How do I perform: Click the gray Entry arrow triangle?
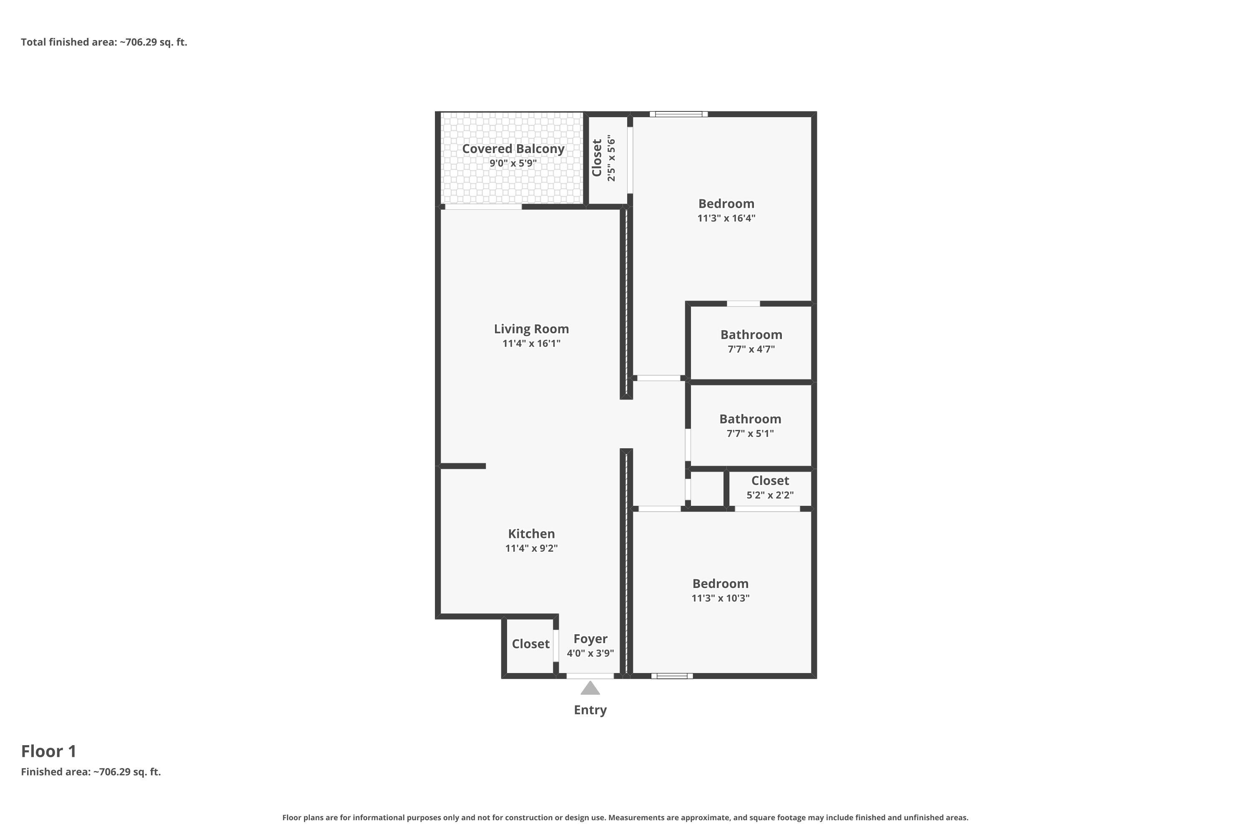pyautogui.click(x=590, y=688)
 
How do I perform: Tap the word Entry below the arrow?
pyautogui.click(x=590, y=710)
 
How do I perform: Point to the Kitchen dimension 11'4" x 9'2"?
pyautogui.click(x=531, y=548)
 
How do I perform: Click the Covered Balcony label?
pyautogui.click(x=513, y=149)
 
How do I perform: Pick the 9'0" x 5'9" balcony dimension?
pyautogui.click(x=513, y=163)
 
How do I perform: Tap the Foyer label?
pyautogui.click(x=590, y=639)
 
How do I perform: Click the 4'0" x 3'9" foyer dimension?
pyautogui.click(x=590, y=653)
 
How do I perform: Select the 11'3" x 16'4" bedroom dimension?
pyautogui.click(x=726, y=218)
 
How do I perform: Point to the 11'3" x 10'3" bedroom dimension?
pyautogui.click(x=721, y=598)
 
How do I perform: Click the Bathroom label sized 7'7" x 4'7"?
pyautogui.click(x=751, y=334)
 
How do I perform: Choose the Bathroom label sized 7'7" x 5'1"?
pyautogui.click(x=751, y=419)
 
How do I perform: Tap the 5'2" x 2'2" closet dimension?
pyautogui.click(x=770, y=495)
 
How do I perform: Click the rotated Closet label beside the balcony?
pyautogui.click(x=597, y=158)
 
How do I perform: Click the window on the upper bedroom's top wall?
pyautogui.click(x=679, y=114)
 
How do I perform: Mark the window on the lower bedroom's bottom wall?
pyautogui.click(x=672, y=676)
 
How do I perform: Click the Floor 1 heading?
pyautogui.click(x=49, y=751)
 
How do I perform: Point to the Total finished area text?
pyautogui.click(x=104, y=42)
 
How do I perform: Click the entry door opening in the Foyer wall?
pyautogui.click(x=590, y=676)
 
